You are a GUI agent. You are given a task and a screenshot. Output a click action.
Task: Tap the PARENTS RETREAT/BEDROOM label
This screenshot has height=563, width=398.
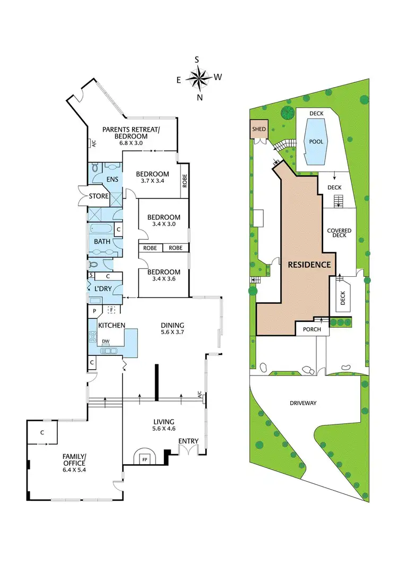(125, 132)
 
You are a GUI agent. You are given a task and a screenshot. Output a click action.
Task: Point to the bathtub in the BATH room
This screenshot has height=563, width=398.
(101, 230)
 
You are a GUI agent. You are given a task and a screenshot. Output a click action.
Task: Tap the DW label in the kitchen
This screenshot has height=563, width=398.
(106, 342)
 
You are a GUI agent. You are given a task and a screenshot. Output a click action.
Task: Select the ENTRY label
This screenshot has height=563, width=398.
(188, 441)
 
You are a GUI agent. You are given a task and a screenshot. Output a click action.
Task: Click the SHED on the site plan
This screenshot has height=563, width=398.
(259, 129)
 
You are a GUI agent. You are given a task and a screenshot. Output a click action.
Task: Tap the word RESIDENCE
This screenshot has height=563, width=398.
(310, 265)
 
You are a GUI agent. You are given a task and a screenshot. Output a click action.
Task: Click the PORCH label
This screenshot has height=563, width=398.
(312, 329)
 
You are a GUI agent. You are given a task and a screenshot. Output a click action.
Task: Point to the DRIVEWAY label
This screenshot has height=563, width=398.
(304, 403)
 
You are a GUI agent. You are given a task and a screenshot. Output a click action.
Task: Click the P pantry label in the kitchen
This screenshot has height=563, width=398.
(94, 311)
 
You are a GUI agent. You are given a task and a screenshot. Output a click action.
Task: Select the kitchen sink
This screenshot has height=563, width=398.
(110, 350)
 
